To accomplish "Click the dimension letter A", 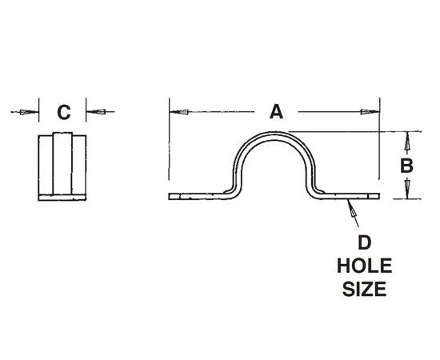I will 276,112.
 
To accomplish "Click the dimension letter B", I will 406,166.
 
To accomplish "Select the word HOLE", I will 362,264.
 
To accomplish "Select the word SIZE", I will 362,288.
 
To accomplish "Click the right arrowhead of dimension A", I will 370,112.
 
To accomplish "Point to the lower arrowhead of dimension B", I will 406,188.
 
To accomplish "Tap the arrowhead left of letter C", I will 30,112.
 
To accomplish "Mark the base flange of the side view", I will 63,195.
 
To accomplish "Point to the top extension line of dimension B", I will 352,131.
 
